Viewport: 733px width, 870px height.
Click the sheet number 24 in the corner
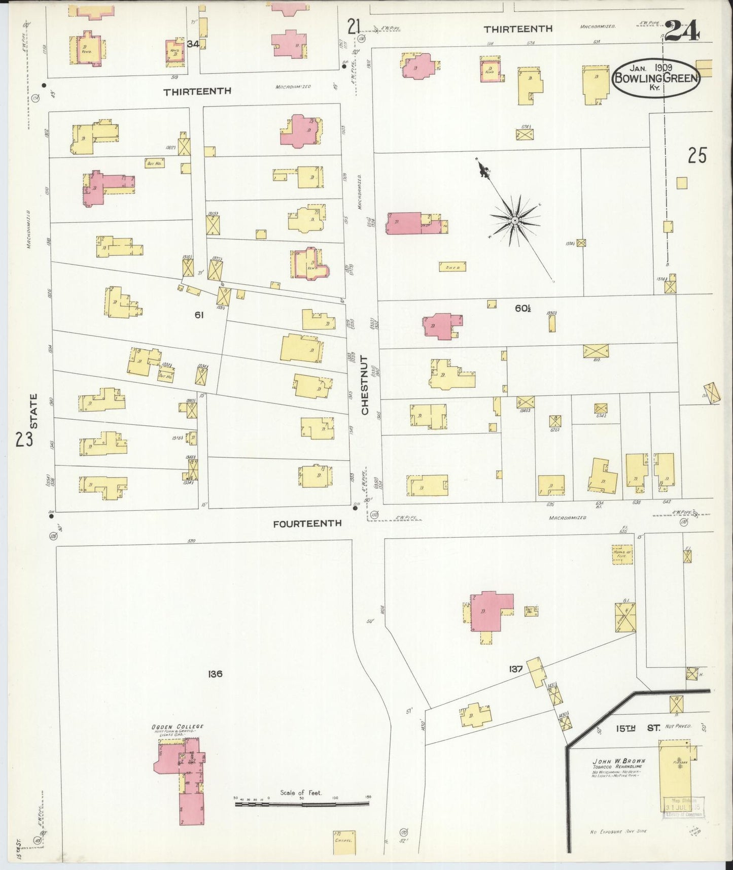click(682, 31)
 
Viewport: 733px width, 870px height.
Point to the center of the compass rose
click(514, 220)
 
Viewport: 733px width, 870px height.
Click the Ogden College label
click(178, 726)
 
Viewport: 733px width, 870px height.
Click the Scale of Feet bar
click(302, 804)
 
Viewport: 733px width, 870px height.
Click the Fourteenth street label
click(307, 523)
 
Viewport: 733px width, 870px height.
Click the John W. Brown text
click(619, 761)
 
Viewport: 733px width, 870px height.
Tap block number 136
click(215, 674)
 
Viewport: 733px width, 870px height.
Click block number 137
click(515, 669)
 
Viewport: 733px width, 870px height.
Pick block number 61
click(199, 315)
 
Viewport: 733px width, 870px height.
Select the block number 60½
click(522, 307)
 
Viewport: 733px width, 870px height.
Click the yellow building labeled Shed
click(452, 266)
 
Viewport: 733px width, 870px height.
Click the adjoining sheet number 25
click(697, 156)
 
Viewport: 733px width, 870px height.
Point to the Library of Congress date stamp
click(683, 807)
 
